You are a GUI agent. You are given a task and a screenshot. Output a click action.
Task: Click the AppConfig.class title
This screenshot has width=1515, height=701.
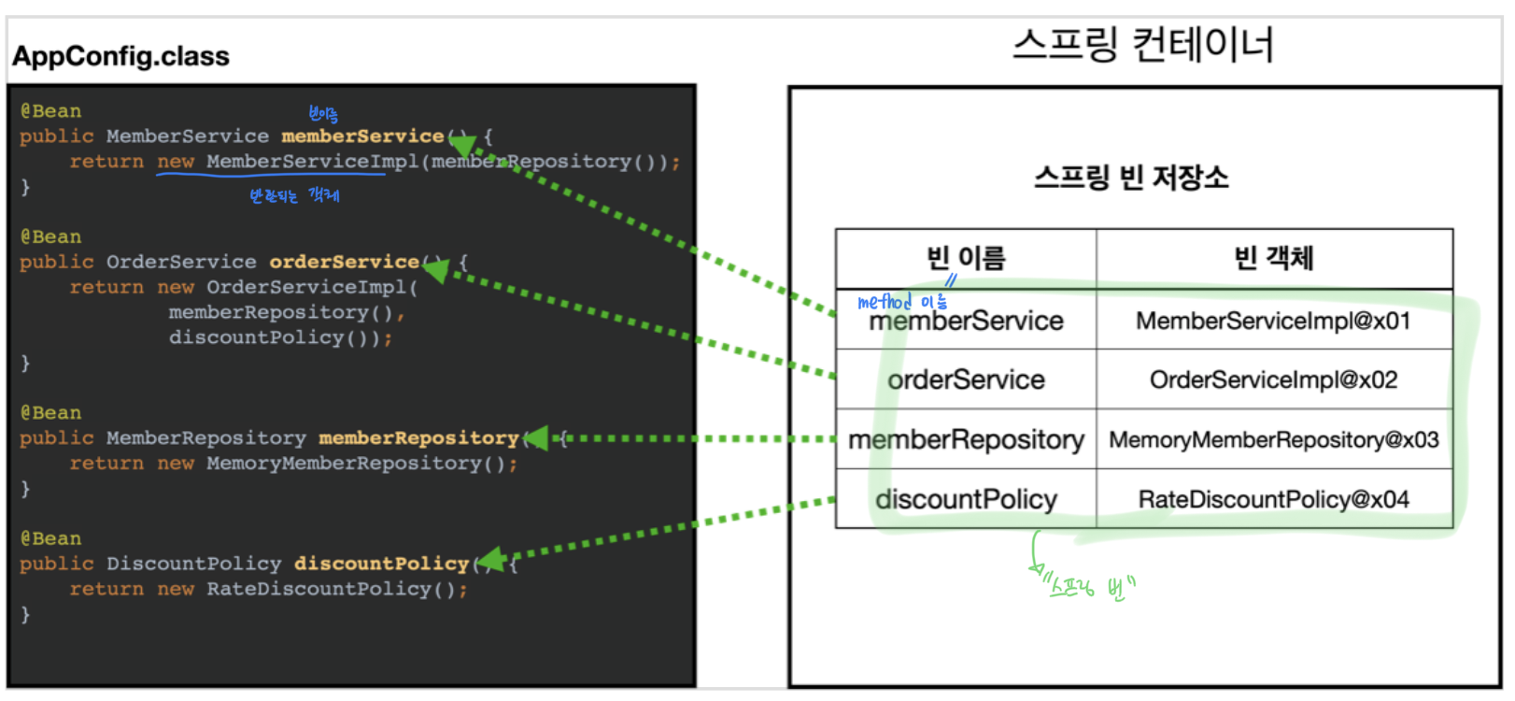point(120,56)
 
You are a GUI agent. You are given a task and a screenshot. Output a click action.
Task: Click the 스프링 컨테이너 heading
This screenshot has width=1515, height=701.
point(1142,44)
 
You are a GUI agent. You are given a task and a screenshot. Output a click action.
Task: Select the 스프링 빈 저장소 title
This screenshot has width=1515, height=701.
point(1130,177)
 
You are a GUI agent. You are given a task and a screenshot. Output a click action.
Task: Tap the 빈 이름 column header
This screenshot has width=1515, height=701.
point(965,258)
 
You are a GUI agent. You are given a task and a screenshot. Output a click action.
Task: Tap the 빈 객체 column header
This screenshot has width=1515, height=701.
point(1273,258)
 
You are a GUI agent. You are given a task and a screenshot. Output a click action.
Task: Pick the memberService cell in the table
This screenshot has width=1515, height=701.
point(966,322)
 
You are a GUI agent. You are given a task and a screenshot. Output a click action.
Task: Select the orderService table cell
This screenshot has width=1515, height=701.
point(966,379)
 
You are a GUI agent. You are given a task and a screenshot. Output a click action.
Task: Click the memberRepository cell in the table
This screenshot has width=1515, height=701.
point(966,439)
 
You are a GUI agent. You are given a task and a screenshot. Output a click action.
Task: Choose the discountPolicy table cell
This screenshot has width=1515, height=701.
point(966,499)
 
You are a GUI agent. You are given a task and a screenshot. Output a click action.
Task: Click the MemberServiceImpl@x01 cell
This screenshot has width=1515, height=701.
point(1273,322)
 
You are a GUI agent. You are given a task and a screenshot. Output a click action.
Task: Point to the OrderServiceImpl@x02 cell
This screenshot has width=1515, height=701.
point(1273,379)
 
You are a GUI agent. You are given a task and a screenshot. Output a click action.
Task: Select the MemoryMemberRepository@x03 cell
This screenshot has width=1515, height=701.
point(1273,439)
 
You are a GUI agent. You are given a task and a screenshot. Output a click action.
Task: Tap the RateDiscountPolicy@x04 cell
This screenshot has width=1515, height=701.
point(1273,499)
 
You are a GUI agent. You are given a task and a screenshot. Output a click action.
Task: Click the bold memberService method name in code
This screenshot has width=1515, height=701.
point(362,136)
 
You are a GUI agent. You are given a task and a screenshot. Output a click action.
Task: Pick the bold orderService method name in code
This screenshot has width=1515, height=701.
point(344,263)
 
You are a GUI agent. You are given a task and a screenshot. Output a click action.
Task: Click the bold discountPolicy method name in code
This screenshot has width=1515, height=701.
point(381,564)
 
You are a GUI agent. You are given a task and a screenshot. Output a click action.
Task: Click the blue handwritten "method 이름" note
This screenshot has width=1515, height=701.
point(901,302)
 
